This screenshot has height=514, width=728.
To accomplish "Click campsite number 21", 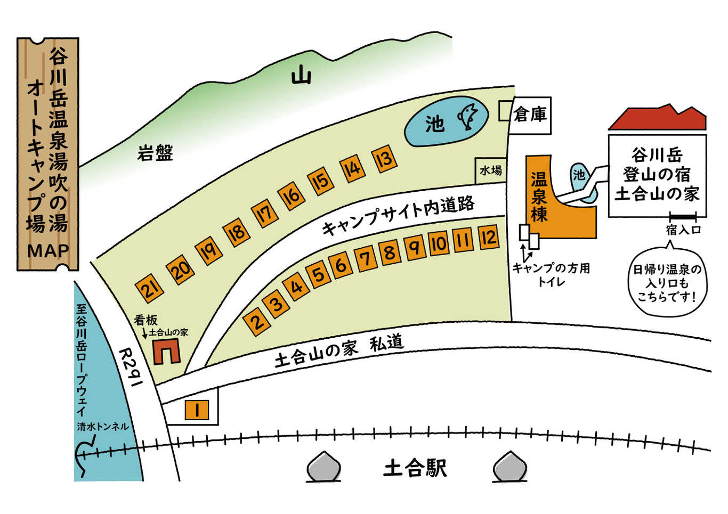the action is coord(149,289).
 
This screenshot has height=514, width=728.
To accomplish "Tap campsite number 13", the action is coord(384,159).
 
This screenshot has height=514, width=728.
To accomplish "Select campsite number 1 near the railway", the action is coord(197,410).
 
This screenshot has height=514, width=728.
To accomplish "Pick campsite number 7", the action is coord(366,259).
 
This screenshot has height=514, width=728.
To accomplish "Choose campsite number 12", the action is coord(489,237).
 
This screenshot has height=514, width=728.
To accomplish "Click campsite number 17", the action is coord(265,214).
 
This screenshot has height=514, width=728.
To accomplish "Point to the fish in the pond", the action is coord(468,116).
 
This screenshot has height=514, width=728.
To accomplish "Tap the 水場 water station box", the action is coord(491,170).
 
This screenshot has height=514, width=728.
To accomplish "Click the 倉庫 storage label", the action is coord(530,115).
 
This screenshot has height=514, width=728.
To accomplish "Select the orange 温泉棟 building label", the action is coord(539,197).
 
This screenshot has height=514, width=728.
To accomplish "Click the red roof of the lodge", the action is coord(658,118).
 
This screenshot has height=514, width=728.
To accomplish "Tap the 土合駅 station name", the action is coord(415,468).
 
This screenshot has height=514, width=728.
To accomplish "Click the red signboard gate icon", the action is coord(167,351).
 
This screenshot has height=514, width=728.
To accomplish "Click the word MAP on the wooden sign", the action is coord(48,250).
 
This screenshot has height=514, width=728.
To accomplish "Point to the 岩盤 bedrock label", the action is coord(155,153).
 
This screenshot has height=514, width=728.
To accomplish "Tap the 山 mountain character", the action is coord(301,74).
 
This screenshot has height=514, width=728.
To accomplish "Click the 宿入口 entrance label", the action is coord(683,230).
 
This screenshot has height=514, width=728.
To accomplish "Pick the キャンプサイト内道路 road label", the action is coord(398,215).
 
